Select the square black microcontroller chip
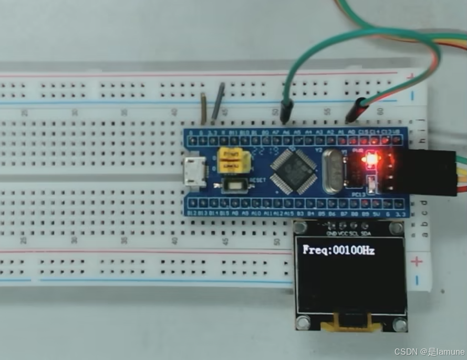(x=293, y=169)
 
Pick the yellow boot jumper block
(x=230, y=160)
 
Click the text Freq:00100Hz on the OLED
(x=339, y=250)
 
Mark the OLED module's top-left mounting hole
(x=300, y=228)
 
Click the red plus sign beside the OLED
(x=417, y=261)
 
